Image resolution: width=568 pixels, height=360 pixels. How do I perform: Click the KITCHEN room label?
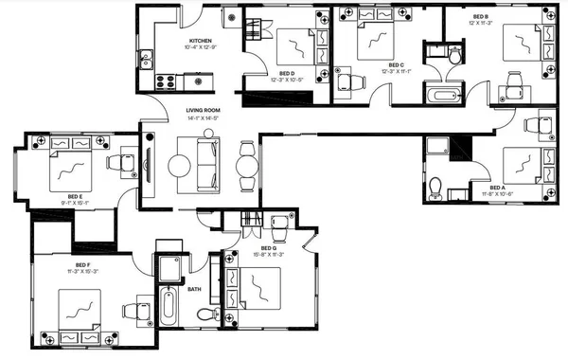[x=200, y=41]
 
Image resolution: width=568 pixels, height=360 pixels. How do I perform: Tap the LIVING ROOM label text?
[x=202, y=111]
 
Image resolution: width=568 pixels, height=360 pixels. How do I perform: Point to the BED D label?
[x=287, y=73]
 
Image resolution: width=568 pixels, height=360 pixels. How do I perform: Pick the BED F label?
[x=82, y=264]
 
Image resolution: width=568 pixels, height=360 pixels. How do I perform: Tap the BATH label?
[x=194, y=288]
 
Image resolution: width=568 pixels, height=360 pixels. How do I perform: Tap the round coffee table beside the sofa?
[x=180, y=164]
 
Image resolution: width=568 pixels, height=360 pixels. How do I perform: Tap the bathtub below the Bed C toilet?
[x=442, y=93]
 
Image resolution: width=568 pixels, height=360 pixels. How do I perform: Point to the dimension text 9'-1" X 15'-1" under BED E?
[x=75, y=202]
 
